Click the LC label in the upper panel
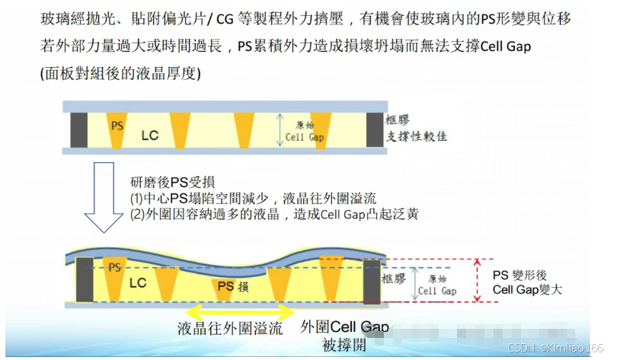point(150,136)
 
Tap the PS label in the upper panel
point(117,124)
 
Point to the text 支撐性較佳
point(416,136)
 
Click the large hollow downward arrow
point(103,196)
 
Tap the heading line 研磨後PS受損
point(172,182)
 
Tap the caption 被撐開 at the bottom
point(344,346)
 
